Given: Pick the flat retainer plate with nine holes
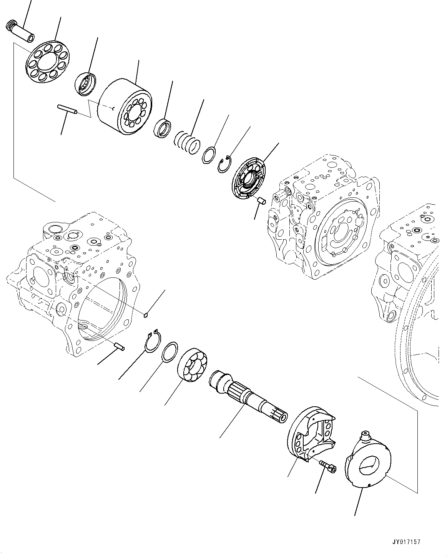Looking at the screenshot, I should coord(47,62).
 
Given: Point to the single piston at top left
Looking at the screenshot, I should coord(20,32).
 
